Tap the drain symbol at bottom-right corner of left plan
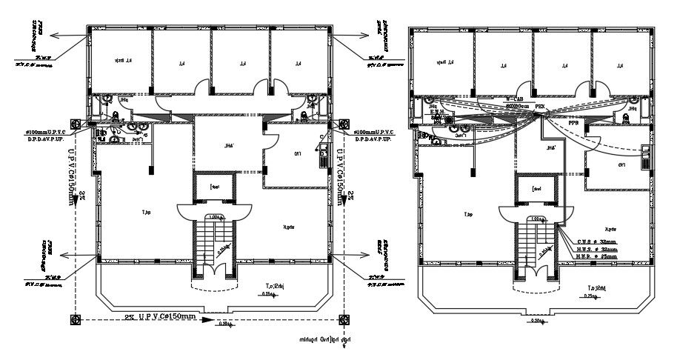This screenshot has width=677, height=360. pyautogui.click(x=343, y=319)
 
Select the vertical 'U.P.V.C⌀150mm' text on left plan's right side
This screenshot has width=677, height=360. pyautogui.click(x=340, y=178)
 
